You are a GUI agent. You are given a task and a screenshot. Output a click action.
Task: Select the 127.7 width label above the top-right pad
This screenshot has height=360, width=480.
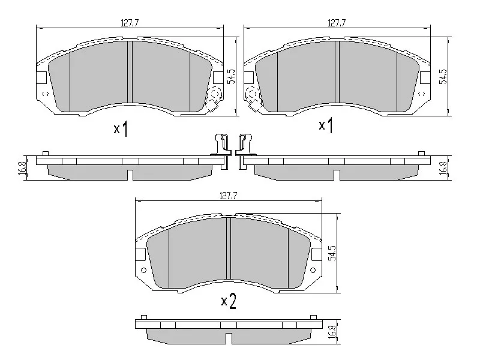coord(337,23)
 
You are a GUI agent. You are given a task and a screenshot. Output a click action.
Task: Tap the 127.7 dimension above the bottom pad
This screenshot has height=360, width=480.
coord(229,196)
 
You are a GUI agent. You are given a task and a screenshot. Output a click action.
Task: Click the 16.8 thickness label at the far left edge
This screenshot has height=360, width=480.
coord(22,168)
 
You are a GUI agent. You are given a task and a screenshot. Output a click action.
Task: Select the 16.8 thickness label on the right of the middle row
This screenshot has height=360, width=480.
coord(443,168)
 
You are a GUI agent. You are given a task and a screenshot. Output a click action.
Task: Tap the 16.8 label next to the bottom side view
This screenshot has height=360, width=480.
coord(332,331)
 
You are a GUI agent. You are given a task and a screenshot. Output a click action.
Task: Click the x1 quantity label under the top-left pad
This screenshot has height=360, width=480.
coord(121,128)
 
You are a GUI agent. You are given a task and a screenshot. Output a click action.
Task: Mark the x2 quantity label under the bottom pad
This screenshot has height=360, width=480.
coord(228,301)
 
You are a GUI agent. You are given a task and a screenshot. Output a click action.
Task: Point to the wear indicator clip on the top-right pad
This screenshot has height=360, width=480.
coord(253,100)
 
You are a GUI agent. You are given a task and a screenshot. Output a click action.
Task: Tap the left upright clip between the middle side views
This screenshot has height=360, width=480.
coord(223,147)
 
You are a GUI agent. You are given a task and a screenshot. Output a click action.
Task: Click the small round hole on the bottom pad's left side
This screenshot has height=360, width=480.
coord(143,271)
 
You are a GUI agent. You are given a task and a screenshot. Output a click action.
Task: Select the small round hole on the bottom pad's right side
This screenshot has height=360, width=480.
coord(314,271)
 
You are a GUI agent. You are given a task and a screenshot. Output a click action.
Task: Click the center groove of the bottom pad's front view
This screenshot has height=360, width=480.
coord(228,252)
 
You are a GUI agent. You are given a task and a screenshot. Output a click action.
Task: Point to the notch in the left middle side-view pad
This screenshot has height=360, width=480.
coord(130,175)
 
